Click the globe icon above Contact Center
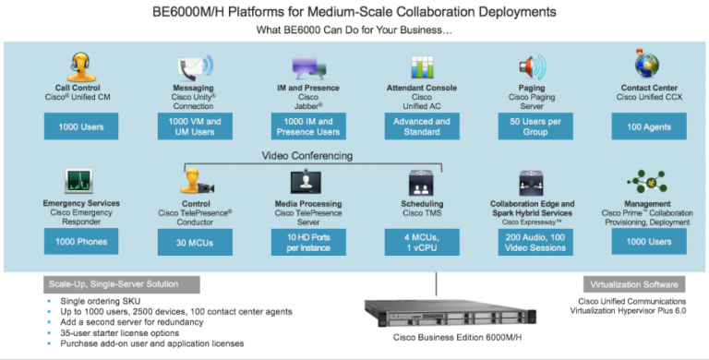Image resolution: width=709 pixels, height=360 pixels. point(646,65)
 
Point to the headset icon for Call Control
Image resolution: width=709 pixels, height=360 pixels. point(77,67)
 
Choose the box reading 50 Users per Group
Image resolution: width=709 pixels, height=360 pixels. point(531,126)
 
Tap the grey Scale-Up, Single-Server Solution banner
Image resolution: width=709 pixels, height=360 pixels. point(115,283)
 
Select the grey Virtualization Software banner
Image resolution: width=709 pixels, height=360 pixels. point(635,283)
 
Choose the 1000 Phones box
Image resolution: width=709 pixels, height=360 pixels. point(79,242)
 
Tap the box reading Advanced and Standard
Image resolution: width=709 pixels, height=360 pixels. point(418,126)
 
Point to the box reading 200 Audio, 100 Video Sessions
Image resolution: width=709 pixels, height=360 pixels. point(531,242)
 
